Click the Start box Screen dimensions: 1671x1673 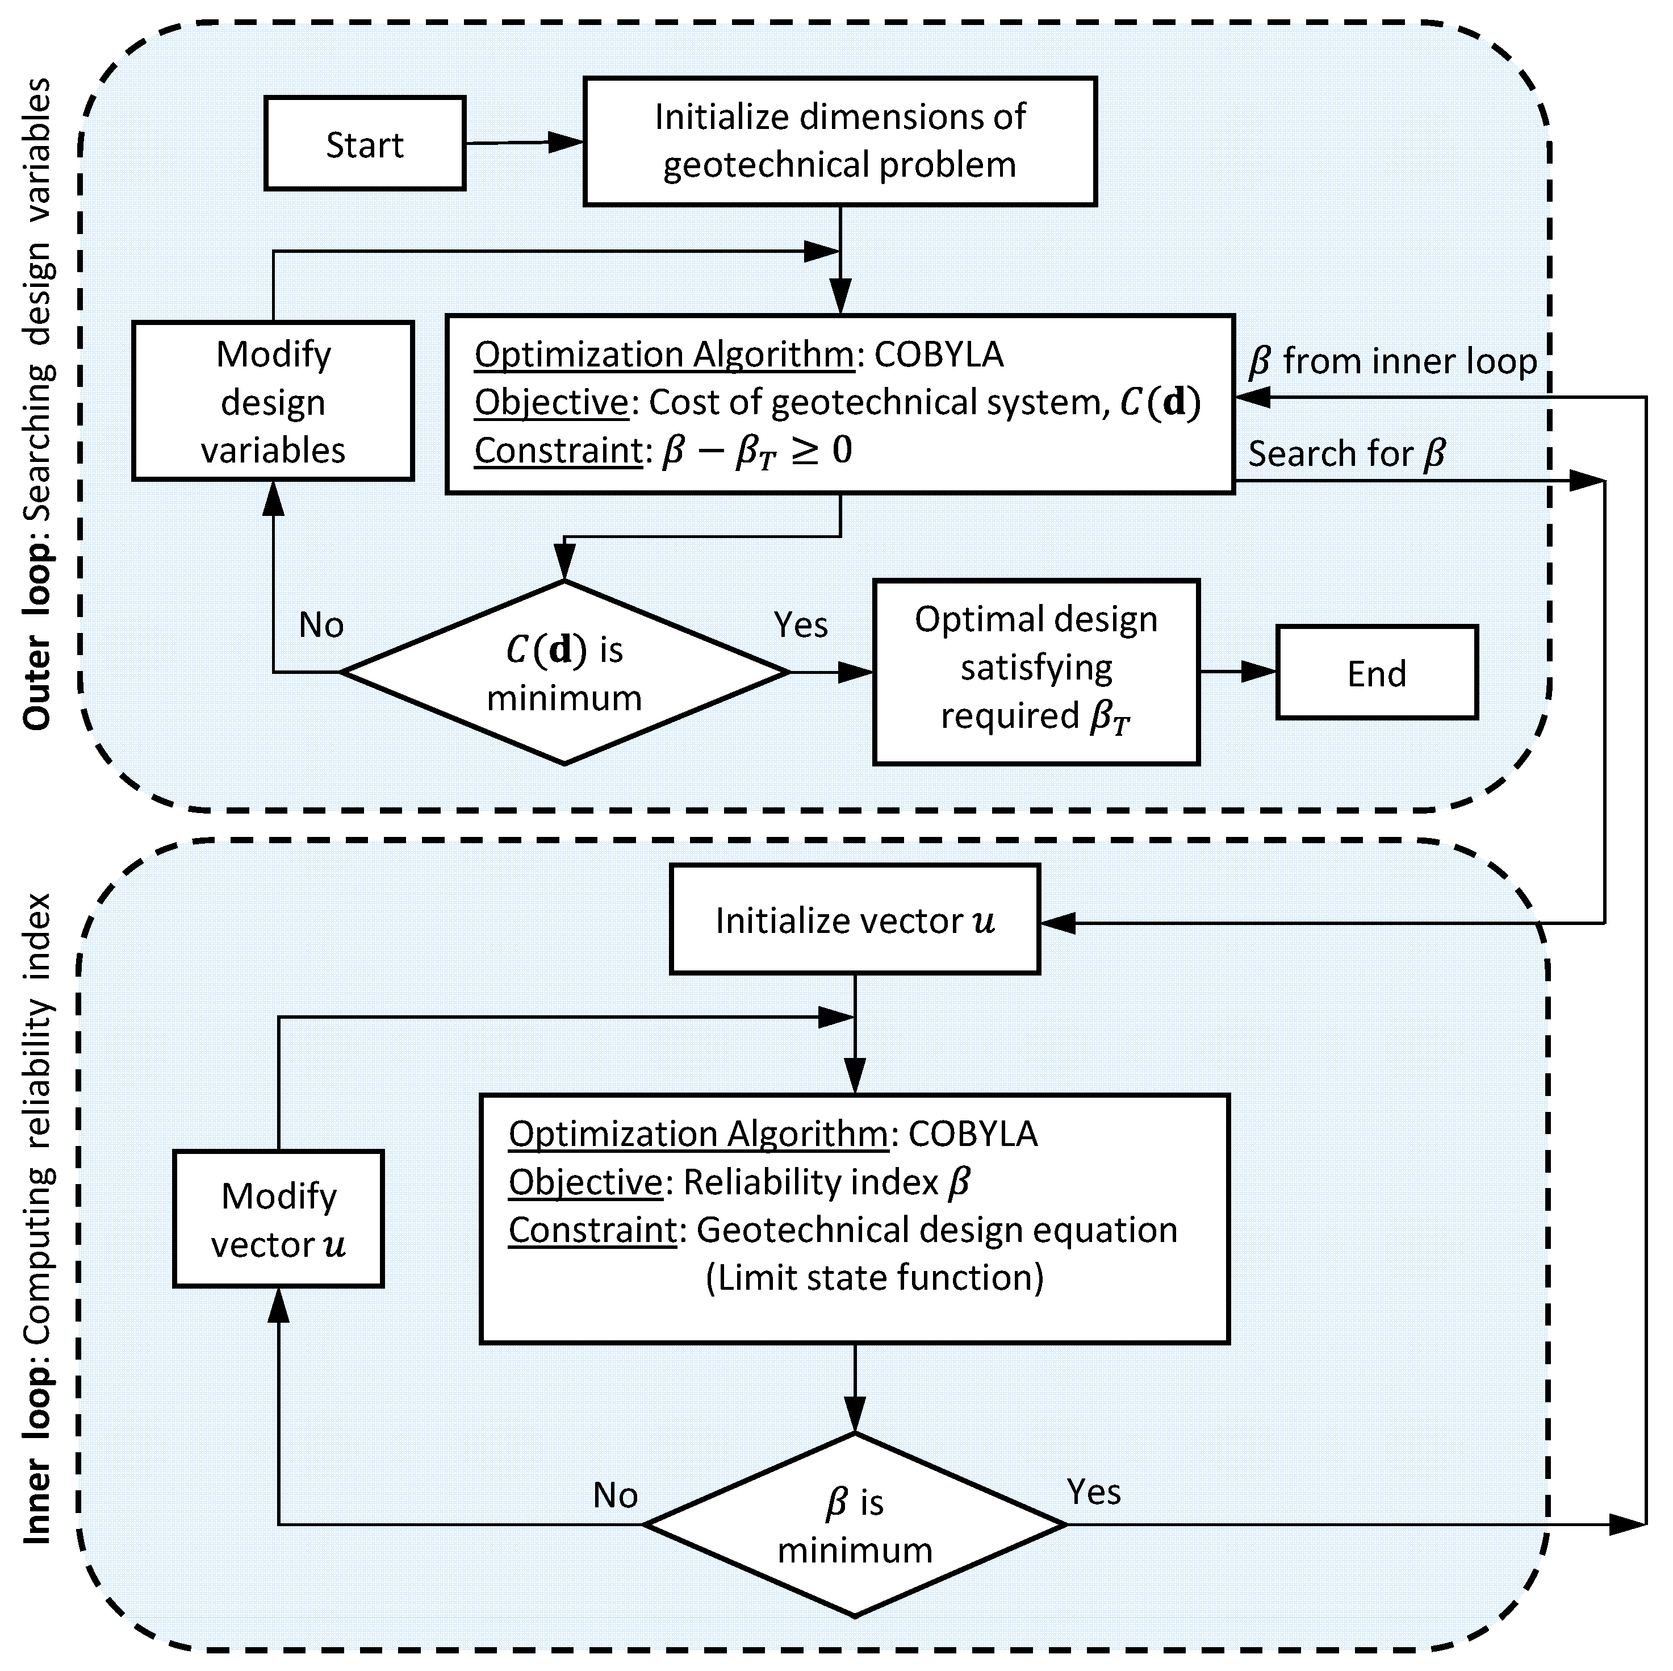coord(365,144)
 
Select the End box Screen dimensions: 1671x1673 coord(1376,673)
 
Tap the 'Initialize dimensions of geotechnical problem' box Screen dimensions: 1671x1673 coord(839,141)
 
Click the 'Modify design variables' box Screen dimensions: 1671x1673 coord(273,401)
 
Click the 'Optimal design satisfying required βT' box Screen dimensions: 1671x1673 coord(1036,672)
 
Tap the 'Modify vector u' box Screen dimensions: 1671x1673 coord(278,1220)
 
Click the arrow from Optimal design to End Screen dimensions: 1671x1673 coord(1239,672)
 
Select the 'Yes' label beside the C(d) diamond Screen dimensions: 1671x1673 coord(800,624)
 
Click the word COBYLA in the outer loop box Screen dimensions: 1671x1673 coord(939,355)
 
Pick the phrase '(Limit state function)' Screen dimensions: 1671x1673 coord(875,1278)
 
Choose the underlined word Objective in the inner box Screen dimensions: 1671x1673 coord(585,1182)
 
